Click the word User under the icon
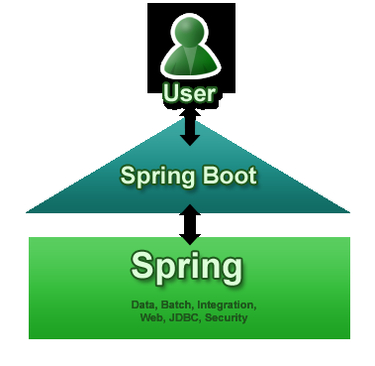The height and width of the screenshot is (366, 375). click(x=189, y=95)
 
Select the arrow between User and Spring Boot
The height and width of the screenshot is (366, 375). click(x=189, y=127)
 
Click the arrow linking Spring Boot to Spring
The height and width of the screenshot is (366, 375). click(x=189, y=223)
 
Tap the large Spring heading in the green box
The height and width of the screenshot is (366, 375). click(x=187, y=267)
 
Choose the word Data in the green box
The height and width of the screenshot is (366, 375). click(x=145, y=304)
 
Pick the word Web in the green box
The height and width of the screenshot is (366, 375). click(x=152, y=317)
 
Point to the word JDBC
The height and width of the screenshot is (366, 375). click(x=184, y=317)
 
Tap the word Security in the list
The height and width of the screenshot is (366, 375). click(x=226, y=317)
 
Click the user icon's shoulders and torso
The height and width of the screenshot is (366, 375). click(x=188, y=64)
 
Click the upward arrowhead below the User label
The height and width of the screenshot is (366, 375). click(x=189, y=113)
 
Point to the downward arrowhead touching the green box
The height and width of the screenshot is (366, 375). click(x=189, y=238)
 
